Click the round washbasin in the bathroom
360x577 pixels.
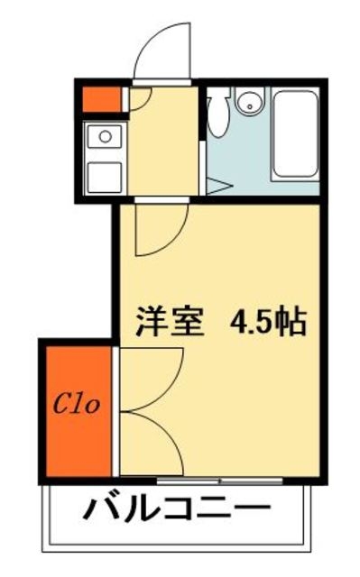coord(247,105)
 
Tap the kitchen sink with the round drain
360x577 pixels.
coord(104,138)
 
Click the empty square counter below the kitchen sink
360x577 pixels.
coord(104,174)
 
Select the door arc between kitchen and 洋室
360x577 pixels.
coord(161,230)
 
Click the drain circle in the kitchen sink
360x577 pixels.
coord(105,137)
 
